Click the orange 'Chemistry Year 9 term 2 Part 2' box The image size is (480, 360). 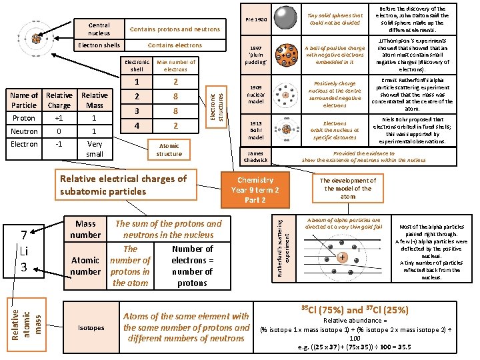pyautogui.click(x=255, y=190)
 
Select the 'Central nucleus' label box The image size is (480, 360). pyautogui.click(x=99, y=29)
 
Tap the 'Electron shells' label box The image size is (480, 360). pyautogui.click(x=99, y=45)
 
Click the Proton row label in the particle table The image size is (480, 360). pyautogui.click(x=24, y=118)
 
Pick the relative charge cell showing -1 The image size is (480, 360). pyautogui.click(x=59, y=143)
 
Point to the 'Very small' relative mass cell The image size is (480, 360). pyautogui.click(x=95, y=149)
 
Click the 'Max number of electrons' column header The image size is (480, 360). pyautogui.click(x=175, y=65)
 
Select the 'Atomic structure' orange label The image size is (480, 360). pyautogui.click(x=169, y=150)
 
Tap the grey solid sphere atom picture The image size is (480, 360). pyautogui.click(x=287, y=19)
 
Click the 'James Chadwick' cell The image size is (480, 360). pyautogui.click(x=256, y=156)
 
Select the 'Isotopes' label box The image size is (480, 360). pyautogui.click(x=91, y=328)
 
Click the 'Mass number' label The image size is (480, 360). pyautogui.click(x=85, y=229)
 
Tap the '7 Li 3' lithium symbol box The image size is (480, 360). pyautogui.click(x=23, y=251)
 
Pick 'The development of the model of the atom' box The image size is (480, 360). pyautogui.click(x=348, y=189)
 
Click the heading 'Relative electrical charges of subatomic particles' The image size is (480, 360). pyautogui.click(x=123, y=185)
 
